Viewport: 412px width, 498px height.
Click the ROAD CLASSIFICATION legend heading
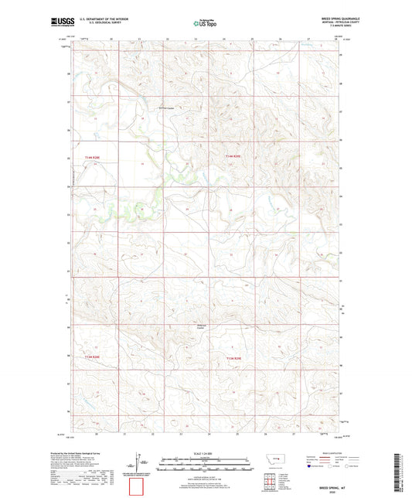pyautogui.click(x=328, y=453)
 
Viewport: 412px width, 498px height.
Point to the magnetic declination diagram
pyautogui.click(x=138, y=462)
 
